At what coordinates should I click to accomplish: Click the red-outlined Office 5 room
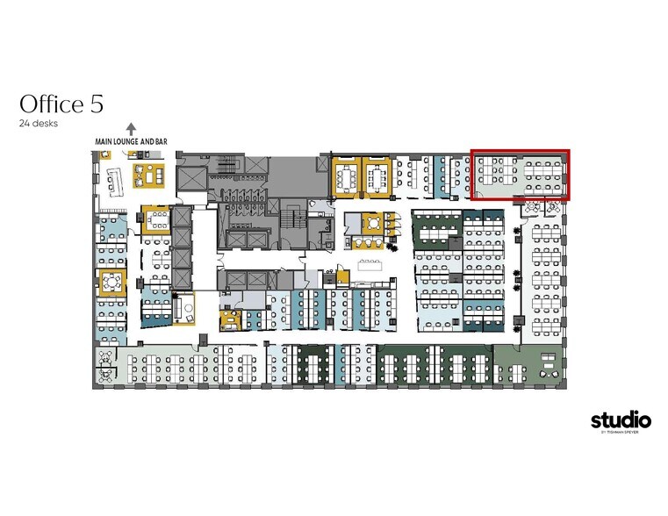(521, 175)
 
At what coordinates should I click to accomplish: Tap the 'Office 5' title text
(61, 104)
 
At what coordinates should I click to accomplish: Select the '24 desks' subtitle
(39, 124)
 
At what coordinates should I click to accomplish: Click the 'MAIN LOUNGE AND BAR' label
(132, 140)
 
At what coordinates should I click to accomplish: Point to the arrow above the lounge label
(132, 127)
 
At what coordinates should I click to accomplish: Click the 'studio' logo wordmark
(621, 420)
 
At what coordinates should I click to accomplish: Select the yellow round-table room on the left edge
(111, 282)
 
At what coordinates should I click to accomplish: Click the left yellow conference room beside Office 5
(346, 176)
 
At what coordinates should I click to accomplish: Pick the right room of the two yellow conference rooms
(378, 176)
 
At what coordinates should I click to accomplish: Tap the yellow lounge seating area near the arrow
(148, 174)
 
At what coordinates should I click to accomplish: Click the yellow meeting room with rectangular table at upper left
(155, 219)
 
